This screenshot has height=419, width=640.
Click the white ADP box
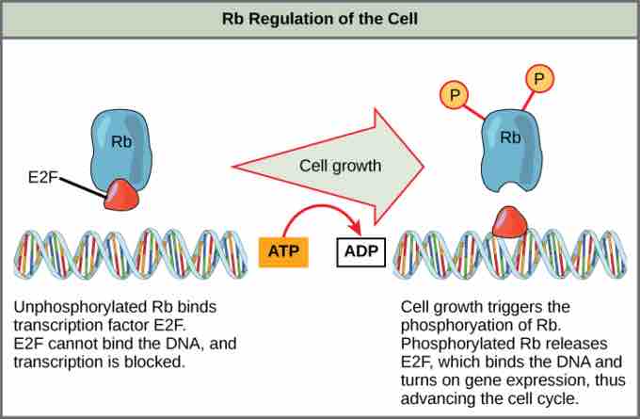(x=360, y=251)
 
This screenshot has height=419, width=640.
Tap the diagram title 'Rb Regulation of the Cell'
(x=320, y=18)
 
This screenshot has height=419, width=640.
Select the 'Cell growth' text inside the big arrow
(x=340, y=166)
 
